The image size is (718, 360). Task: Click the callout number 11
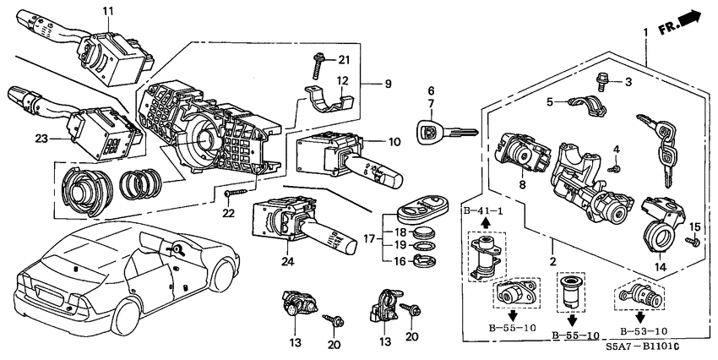(x=107, y=10)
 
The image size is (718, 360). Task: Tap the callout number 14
(x=661, y=267)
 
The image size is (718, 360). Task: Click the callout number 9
(x=389, y=85)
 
